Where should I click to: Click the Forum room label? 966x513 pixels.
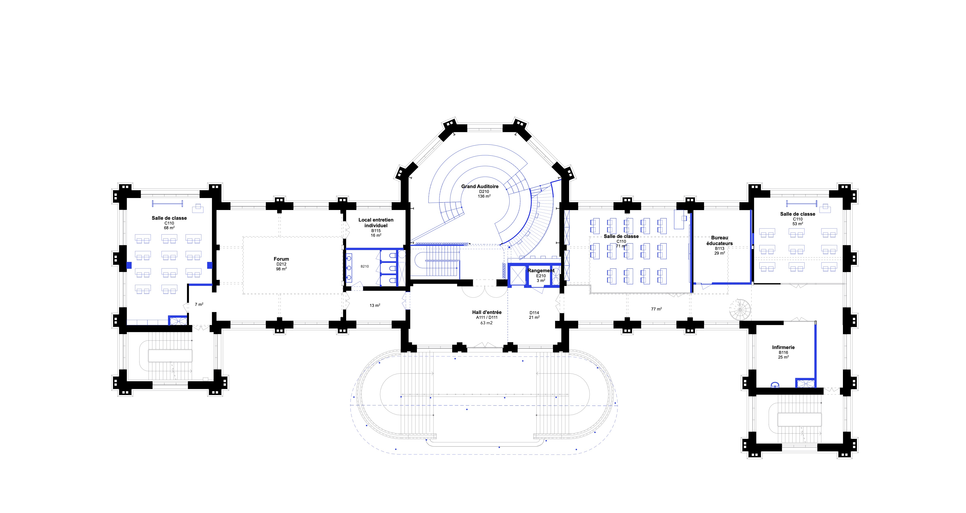click(x=281, y=259)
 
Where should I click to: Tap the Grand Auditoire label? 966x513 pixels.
click(x=480, y=186)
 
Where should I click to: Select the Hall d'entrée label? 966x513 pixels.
click(x=487, y=312)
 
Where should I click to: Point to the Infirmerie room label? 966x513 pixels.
click(x=783, y=347)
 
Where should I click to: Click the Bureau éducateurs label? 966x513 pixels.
click(x=720, y=241)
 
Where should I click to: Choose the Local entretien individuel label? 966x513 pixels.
click(x=376, y=223)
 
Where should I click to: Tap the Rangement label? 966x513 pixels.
click(x=541, y=271)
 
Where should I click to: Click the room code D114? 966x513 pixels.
click(x=534, y=313)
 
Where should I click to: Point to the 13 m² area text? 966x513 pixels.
click(x=375, y=305)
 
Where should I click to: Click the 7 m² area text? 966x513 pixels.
click(x=199, y=305)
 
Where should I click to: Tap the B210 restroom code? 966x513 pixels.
click(x=365, y=266)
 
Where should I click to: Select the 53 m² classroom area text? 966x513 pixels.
click(x=798, y=224)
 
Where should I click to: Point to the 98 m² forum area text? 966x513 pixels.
click(x=281, y=269)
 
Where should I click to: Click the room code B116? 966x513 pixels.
click(x=783, y=353)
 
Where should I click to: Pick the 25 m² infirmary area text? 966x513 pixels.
click(x=783, y=357)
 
